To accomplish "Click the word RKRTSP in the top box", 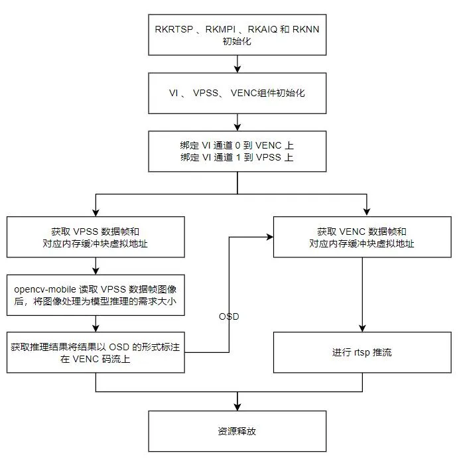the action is point(174,29).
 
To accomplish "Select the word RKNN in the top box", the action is point(306,29).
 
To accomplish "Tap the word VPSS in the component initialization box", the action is point(206,93).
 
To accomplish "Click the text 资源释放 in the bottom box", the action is point(237,431).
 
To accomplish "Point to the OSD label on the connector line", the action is point(229,316).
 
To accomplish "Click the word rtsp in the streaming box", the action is point(362,352).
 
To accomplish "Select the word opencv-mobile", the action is point(45,289).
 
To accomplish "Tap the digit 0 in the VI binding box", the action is point(237,145).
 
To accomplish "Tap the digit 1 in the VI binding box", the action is point(238,157).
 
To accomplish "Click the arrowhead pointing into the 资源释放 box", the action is point(237,407).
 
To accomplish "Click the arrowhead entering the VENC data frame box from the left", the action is point(270,237).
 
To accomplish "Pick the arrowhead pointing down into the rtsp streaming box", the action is point(362,328).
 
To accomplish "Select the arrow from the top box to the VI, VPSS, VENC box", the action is point(237,64).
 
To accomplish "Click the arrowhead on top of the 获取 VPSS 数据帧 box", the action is point(96,213).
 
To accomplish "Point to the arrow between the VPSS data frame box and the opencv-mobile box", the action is point(96,266).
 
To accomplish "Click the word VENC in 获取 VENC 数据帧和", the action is point(352,232).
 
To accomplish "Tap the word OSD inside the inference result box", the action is point(119,347).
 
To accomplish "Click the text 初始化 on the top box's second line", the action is point(237,41).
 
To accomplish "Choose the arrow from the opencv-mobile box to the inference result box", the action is point(96,324).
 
